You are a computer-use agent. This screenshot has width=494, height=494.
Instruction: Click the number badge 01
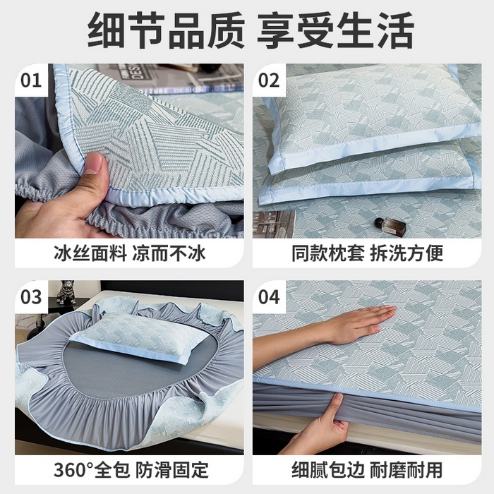(32, 80)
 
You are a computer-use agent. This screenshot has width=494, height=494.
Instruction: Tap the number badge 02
(270, 80)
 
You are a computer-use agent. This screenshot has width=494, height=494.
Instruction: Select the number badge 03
(32, 296)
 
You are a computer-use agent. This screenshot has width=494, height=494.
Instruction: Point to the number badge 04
(270, 296)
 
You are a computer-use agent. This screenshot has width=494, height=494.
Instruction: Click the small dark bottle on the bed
(385, 224)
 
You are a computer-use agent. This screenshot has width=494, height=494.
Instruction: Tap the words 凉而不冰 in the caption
(168, 253)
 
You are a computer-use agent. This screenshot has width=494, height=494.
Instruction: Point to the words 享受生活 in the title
(335, 30)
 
